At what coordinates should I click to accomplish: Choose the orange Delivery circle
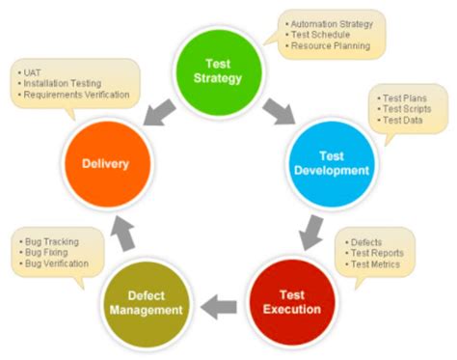(101, 163)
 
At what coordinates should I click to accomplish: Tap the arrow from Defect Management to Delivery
(123, 230)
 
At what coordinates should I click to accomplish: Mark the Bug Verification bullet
(58, 263)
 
